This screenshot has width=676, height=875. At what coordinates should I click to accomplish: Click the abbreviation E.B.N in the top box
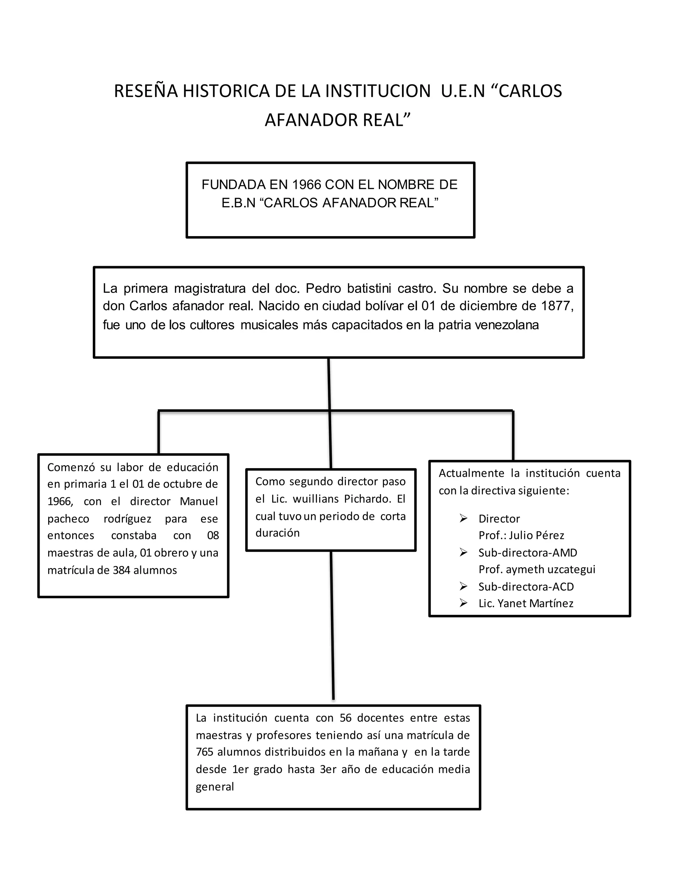[x=238, y=203]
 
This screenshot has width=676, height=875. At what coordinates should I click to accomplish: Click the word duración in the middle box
[x=278, y=533]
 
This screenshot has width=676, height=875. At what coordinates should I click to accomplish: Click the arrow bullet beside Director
[x=463, y=518]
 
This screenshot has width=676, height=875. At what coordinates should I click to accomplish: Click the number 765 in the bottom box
[x=204, y=752]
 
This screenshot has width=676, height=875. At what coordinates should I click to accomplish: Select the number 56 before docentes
[x=345, y=718]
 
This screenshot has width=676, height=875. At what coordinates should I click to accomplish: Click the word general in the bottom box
[x=215, y=787]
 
